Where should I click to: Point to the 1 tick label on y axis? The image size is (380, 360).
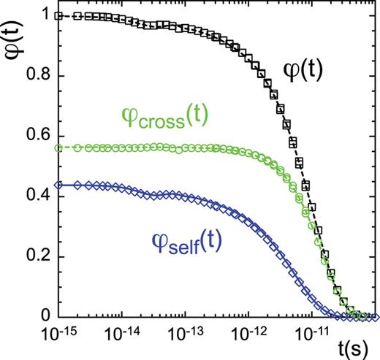click(44, 15)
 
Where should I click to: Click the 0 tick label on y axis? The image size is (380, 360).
click(45, 317)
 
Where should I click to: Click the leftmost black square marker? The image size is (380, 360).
click(61, 15)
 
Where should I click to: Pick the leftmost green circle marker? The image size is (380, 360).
click(61, 148)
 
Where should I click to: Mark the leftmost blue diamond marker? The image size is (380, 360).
click(61, 185)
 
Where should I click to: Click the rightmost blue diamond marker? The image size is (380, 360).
click(375, 317)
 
